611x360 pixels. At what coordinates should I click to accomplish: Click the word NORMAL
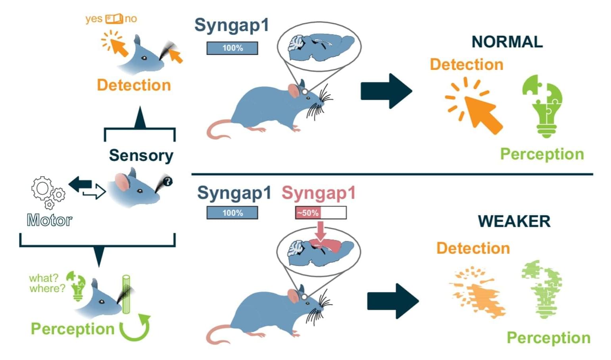click(507, 42)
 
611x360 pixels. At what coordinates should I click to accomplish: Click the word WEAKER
click(514, 221)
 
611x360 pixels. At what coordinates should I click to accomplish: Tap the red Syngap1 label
click(319, 193)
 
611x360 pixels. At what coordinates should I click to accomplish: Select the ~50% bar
click(321, 213)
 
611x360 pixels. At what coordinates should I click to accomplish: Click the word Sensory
click(141, 156)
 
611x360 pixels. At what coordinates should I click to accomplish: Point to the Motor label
click(50, 220)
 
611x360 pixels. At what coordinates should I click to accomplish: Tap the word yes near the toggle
click(94, 19)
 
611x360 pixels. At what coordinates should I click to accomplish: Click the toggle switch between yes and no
click(114, 19)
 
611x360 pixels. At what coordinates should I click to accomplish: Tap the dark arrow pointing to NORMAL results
click(386, 91)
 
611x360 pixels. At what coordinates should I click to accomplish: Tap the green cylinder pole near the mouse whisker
click(126, 294)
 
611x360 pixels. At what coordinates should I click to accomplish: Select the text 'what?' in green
click(43, 278)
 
